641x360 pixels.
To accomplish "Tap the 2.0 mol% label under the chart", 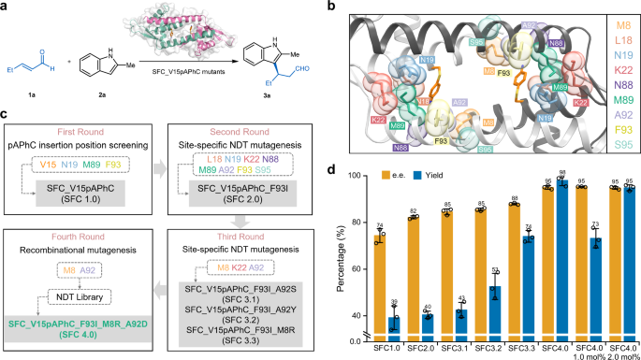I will tap(617, 355).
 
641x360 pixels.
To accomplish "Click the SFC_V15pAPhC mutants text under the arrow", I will tap(214, 73).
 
